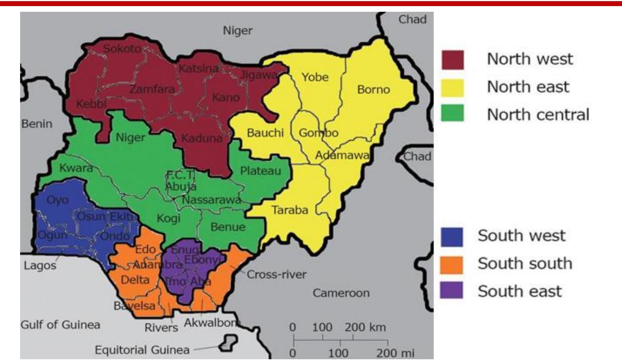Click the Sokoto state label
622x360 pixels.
[122, 49]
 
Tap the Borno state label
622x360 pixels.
[373, 90]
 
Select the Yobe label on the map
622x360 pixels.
[315, 77]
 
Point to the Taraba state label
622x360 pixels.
[290, 210]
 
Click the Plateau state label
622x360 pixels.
[260, 171]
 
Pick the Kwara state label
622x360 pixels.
[76, 168]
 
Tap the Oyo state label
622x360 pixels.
[57, 200]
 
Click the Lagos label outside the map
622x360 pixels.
[40, 265]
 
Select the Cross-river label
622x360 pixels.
[276, 275]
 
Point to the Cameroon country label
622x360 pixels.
[341, 293]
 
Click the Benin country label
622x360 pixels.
[36, 124]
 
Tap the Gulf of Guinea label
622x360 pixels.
[60, 325]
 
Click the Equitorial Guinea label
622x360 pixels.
[142, 350]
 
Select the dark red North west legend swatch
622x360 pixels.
[452, 60]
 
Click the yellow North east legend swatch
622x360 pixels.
[452, 88]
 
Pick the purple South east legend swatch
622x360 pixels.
[451, 291]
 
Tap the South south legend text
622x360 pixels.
[525, 264]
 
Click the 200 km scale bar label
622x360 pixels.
[365, 327]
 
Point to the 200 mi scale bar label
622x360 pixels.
[395, 354]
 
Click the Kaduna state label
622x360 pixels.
[202, 138]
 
